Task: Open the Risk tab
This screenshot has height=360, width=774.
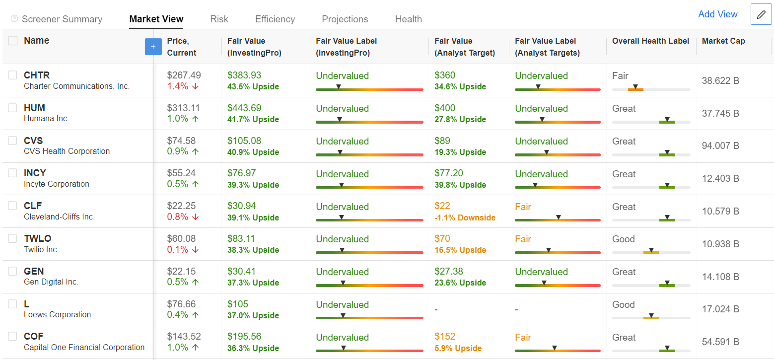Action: pos(219,19)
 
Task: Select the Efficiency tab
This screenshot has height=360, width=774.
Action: pos(275,19)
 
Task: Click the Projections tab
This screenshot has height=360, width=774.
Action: pos(345,19)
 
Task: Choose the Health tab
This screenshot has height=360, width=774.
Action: pos(408,19)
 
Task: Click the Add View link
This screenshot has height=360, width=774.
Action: pos(717,14)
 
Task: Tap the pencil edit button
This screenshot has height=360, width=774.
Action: pos(761,14)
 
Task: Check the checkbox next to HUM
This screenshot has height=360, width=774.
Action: pos(12,108)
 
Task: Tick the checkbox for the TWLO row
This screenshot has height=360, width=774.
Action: pos(12,238)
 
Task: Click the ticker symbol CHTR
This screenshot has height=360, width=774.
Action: pos(37,75)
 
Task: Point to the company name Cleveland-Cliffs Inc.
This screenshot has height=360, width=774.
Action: pos(59,216)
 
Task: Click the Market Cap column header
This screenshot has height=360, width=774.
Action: pos(723,41)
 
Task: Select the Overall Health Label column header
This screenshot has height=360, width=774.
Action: pos(650,41)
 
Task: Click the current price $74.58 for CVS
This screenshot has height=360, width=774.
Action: pos(181,141)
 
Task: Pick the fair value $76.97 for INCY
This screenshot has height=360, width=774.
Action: pos(244,173)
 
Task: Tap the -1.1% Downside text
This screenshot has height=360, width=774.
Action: pos(465,217)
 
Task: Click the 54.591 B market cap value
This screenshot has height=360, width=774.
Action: pos(720,342)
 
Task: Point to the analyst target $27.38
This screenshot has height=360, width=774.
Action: pos(448,272)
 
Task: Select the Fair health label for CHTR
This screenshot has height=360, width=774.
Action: pos(620,75)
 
